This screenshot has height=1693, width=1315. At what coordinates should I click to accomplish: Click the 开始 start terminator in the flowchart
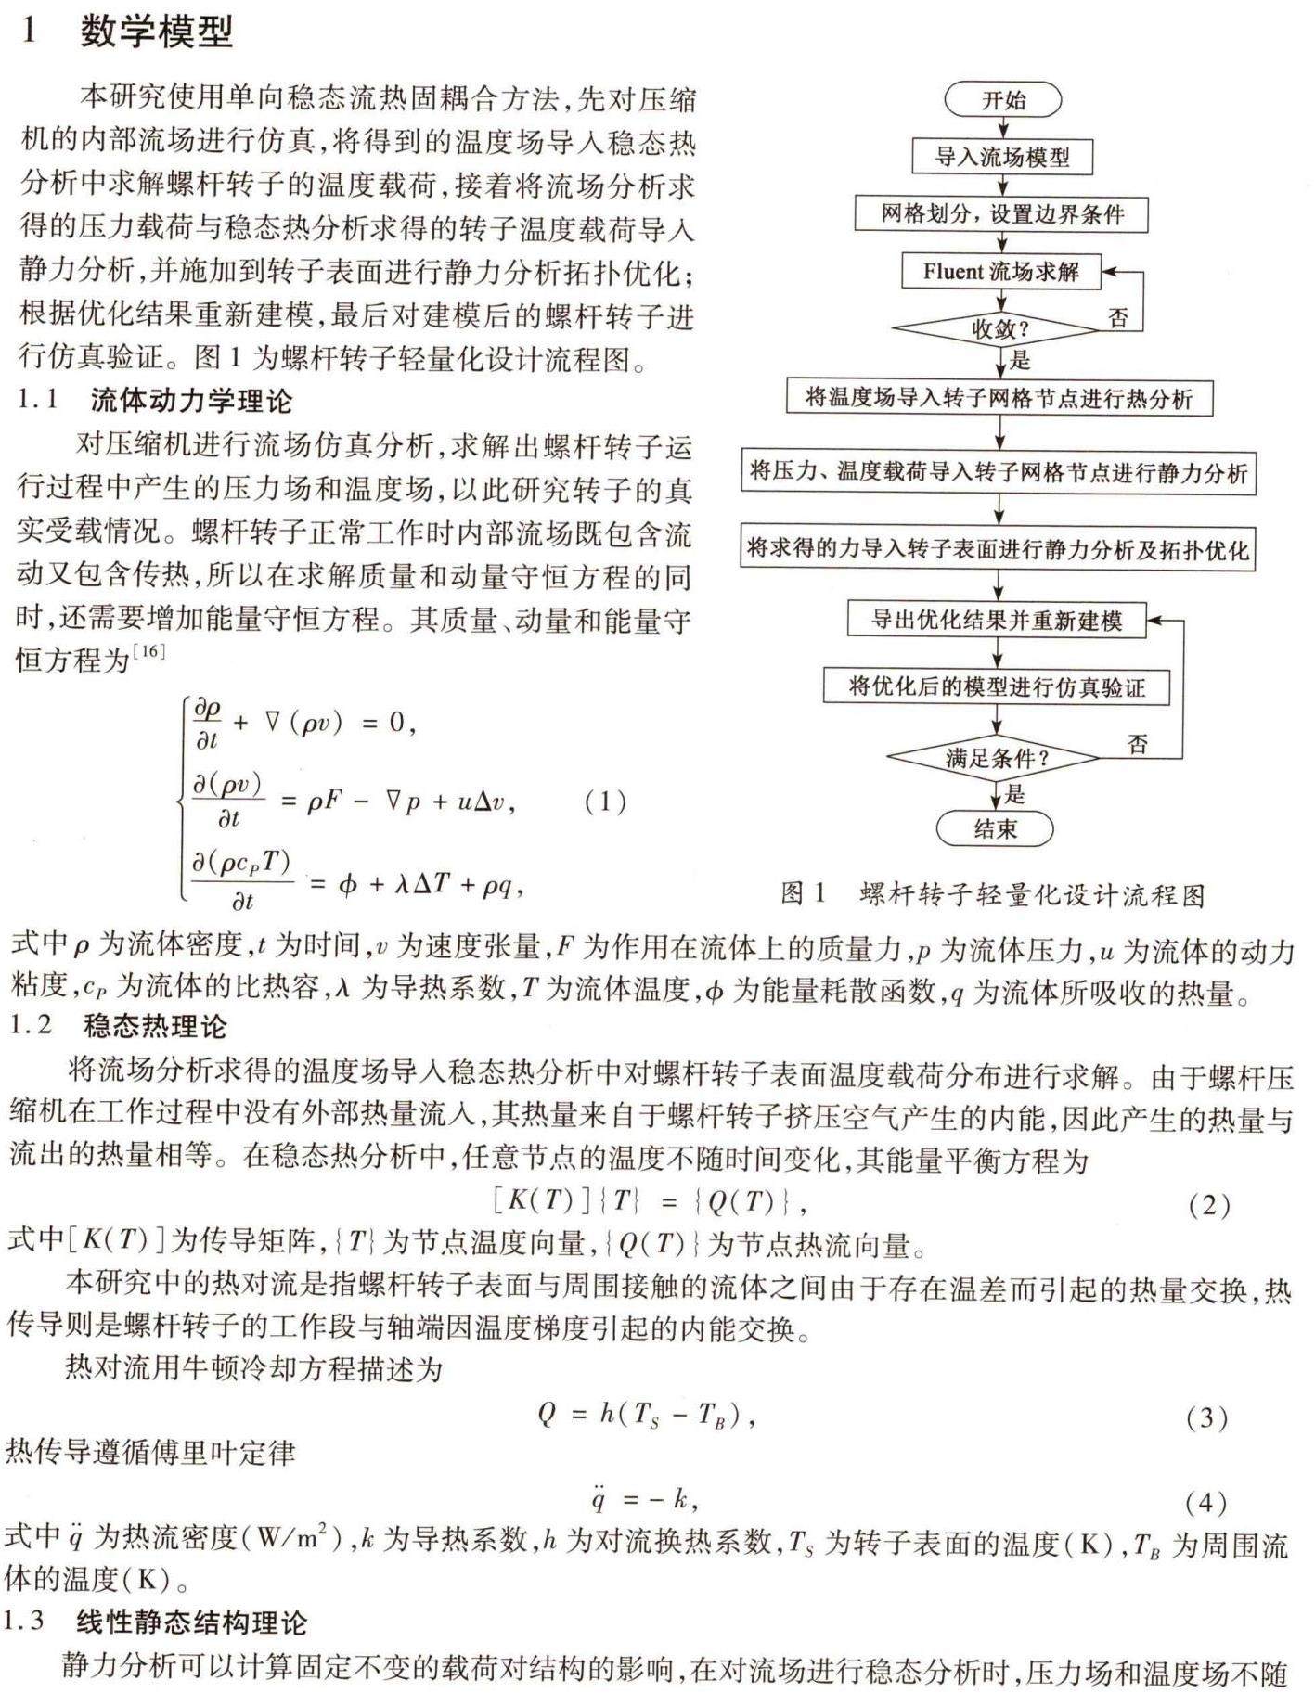coord(1002,99)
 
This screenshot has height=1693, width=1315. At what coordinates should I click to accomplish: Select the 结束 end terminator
coord(995,828)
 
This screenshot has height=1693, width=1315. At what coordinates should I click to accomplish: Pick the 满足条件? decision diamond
coord(996,758)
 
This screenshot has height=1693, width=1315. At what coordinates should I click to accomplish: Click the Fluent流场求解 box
coord(1000,271)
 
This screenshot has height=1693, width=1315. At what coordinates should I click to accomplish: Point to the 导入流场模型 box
coord(1001,157)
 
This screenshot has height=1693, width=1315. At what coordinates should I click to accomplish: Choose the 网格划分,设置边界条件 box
coord(1001,214)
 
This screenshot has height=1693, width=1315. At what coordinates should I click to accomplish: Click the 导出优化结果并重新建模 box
coord(996,620)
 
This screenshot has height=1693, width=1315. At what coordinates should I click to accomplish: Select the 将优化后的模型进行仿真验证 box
coord(996,686)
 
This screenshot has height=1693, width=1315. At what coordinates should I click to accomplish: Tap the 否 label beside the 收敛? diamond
coord(1118,318)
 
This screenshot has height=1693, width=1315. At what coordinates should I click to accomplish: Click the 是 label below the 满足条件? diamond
coord(1015,794)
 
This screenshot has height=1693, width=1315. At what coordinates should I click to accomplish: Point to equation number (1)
coord(605,802)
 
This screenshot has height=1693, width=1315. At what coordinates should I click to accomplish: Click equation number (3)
coord(1206,1417)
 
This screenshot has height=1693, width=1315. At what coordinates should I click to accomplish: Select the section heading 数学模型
coord(156,32)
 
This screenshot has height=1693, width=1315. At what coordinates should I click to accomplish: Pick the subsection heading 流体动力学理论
coord(191,401)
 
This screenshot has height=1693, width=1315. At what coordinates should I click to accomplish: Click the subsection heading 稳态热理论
coord(155,1026)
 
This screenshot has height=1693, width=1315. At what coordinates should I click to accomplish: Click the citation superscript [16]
coord(149,651)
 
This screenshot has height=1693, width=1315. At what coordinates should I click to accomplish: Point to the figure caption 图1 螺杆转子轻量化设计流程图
coord(992,894)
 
